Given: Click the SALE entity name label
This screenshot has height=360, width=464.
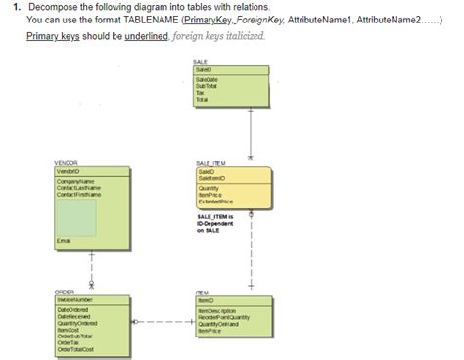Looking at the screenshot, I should pos(201,61).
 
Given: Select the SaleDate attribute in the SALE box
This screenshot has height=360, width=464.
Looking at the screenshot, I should pos(207,80).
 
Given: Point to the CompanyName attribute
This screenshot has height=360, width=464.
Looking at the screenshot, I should pos(74,181).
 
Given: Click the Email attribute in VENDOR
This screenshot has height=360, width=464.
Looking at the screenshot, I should pos(66,239).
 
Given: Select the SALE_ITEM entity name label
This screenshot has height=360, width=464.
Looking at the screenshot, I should pos(210,162).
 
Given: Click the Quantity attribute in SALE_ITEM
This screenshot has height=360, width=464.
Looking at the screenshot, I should pos(209,188).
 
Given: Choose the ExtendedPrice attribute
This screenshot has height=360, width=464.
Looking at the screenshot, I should pos(214,200).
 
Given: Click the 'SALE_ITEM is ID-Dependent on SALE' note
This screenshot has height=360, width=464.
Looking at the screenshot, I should pos(215,223).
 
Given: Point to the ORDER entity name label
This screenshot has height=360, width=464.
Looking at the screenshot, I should pos(65,292).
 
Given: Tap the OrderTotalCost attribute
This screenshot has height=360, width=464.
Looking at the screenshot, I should pos(76,349).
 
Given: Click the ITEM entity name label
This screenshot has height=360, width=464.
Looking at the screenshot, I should pos(201,292).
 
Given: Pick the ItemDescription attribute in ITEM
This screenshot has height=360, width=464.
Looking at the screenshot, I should pos(216,310).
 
